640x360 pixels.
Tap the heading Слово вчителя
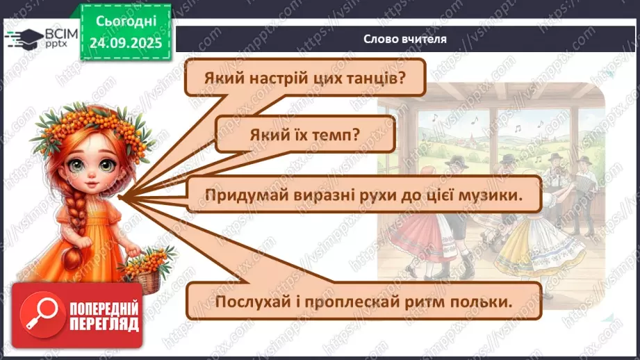tap(405, 39)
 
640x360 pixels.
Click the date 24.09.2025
tap(125, 43)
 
